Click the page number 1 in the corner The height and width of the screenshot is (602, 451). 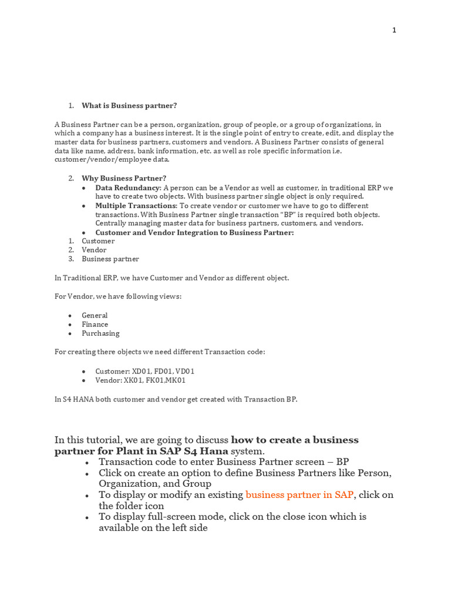click(395, 31)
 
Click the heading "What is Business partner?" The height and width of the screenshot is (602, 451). click(129, 106)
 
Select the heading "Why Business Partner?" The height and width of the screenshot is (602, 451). click(124, 178)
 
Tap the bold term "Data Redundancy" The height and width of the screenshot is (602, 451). click(127, 188)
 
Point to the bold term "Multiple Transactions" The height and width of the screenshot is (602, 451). click(136, 206)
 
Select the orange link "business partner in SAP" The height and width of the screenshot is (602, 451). click(299, 495)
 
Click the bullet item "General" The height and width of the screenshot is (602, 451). click(95, 316)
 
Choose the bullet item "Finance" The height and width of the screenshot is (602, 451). click(95, 325)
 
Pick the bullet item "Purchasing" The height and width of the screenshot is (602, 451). click(100, 333)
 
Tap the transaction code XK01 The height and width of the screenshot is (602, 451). click(133, 380)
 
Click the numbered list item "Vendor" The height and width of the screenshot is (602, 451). click(94, 250)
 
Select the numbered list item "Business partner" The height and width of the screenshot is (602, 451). click(110, 259)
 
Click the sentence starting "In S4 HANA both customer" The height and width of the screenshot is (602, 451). click(176, 399)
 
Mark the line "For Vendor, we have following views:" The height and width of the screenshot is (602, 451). click(118, 296)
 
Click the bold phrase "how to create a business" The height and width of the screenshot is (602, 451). click(295, 440)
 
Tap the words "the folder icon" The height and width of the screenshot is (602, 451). click(132, 506)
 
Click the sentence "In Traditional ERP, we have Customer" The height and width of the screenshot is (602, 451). click(171, 277)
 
